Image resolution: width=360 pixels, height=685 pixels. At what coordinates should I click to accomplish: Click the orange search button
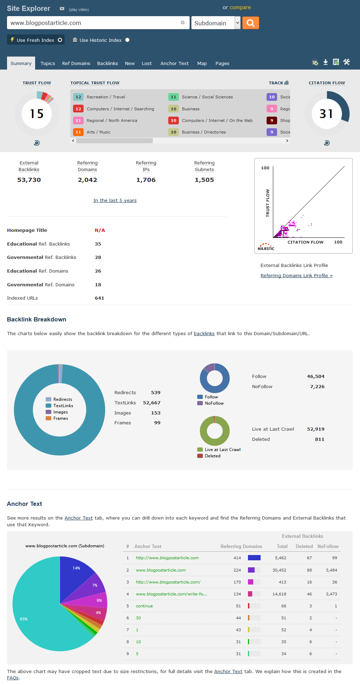point(250,23)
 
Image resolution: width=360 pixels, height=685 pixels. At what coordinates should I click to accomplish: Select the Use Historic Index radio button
point(127,40)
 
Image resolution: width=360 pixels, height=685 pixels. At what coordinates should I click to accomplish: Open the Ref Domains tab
point(76,64)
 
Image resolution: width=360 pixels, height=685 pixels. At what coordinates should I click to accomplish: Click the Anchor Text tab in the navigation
point(174,64)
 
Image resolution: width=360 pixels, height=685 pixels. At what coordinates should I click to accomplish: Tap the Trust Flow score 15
point(37,113)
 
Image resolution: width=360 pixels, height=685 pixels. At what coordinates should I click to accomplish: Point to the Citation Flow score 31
point(326,113)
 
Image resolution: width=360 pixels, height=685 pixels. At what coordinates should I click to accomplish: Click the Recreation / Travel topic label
point(106,97)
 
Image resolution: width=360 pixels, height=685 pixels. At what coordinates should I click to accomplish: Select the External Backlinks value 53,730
point(29,180)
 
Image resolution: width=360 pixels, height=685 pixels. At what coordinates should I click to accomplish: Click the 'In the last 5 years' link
point(115,201)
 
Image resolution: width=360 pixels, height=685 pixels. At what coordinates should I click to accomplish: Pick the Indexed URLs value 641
point(99,298)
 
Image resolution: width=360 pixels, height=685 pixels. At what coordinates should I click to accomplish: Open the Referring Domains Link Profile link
point(296,276)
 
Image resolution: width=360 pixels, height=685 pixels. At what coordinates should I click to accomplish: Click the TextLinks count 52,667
point(151,403)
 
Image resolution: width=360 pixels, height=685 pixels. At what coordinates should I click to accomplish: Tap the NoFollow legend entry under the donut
point(214,403)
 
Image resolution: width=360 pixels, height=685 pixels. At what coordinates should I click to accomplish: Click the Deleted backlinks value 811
point(319,439)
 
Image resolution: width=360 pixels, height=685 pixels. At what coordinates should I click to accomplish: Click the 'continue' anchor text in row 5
point(144,606)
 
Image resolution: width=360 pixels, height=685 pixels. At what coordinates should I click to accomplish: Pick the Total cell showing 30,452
point(279,570)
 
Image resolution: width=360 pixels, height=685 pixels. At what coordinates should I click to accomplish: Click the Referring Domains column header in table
point(241,547)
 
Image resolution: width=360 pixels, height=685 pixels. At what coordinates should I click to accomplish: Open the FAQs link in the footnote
point(13,678)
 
